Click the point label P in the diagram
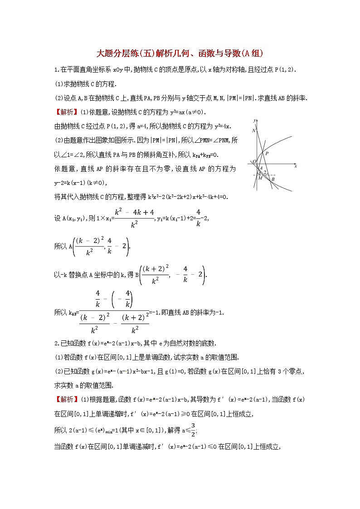(268, 154)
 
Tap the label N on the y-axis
(254, 131)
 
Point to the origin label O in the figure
(254, 161)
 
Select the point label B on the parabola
(273, 179)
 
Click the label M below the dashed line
(260, 178)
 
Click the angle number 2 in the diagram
(265, 173)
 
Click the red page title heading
(180, 53)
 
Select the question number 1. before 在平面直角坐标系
(56, 69)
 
